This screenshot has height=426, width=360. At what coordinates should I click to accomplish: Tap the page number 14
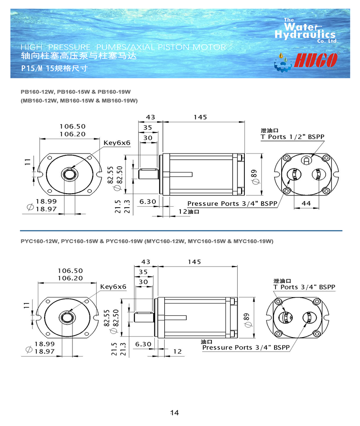175,412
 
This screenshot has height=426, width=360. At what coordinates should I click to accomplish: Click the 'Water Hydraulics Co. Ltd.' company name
306,31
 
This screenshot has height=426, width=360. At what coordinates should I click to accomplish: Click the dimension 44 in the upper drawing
306,204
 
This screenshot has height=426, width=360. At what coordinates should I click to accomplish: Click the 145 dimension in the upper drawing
200,117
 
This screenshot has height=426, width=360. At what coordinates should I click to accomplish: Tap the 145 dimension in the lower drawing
195,262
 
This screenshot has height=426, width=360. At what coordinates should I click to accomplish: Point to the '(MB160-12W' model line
79,100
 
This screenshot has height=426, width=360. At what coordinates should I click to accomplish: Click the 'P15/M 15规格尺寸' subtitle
54,69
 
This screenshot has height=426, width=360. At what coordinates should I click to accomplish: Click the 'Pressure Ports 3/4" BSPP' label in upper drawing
232,204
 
